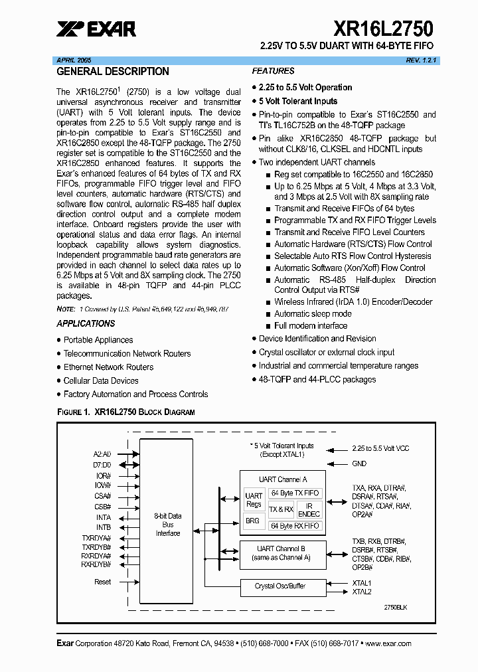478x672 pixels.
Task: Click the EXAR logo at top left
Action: tap(96, 29)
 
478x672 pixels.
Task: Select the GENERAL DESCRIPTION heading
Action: tap(112, 72)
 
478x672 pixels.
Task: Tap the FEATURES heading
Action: tap(273, 71)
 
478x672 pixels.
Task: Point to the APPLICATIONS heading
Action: tap(86, 323)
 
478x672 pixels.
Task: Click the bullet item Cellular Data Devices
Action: tap(101, 380)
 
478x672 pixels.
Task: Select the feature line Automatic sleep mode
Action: tap(313, 313)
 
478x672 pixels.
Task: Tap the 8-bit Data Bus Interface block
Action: tap(167, 524)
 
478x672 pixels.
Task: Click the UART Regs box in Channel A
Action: tap(254, 500)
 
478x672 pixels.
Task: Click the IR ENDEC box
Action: tap(309, 509)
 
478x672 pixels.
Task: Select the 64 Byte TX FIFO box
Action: tap(295, 493)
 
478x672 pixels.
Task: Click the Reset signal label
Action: tap(103, 582)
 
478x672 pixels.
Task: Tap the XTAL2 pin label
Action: tap(362, 592)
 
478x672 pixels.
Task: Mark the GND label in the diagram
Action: tap(359, 464)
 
